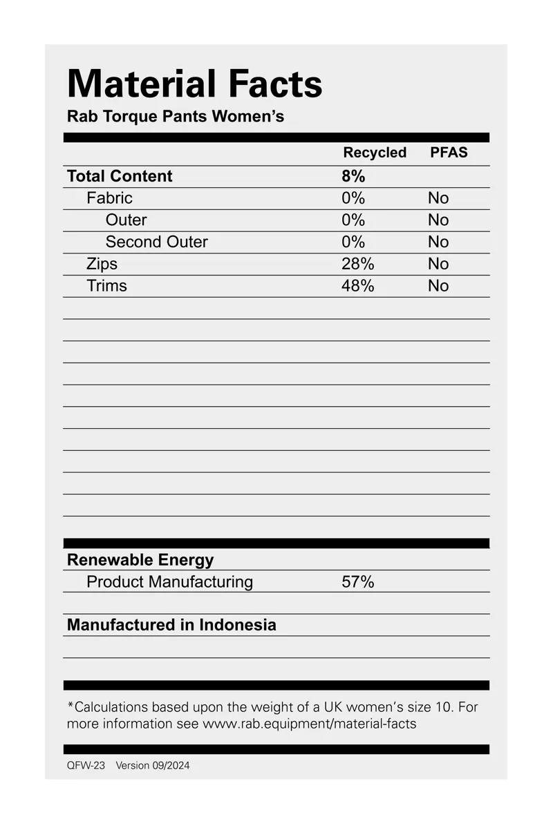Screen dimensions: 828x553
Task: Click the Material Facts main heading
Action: pos(194,84)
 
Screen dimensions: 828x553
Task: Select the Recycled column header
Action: pos(375,153)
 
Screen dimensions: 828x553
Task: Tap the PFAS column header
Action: pos(449,153)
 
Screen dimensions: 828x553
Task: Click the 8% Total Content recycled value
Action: pos(353,176)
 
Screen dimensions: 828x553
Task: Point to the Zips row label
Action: pos(102,264)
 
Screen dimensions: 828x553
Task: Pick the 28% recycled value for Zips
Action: pos(357,264)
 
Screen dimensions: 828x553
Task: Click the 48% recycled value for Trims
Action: pos(357,286)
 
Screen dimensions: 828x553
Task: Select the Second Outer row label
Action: pos(156,242)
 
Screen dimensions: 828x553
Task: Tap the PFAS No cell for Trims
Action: pos(438,286)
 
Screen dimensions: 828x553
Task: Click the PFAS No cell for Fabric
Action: pos(438,198)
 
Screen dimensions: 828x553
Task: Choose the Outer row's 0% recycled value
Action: pos(353,220)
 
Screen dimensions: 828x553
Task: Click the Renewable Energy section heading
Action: pos(140,560)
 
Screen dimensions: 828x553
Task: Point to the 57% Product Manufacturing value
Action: pos(357,582)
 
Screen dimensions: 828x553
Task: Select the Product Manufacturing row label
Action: pos(169,582)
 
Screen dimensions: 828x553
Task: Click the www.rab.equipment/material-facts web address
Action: pos(309,724)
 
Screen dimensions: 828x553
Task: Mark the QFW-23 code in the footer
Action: pos(86,765)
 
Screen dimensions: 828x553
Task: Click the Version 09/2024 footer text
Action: pos(152,765)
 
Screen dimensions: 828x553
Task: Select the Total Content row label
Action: pos(120,176)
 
